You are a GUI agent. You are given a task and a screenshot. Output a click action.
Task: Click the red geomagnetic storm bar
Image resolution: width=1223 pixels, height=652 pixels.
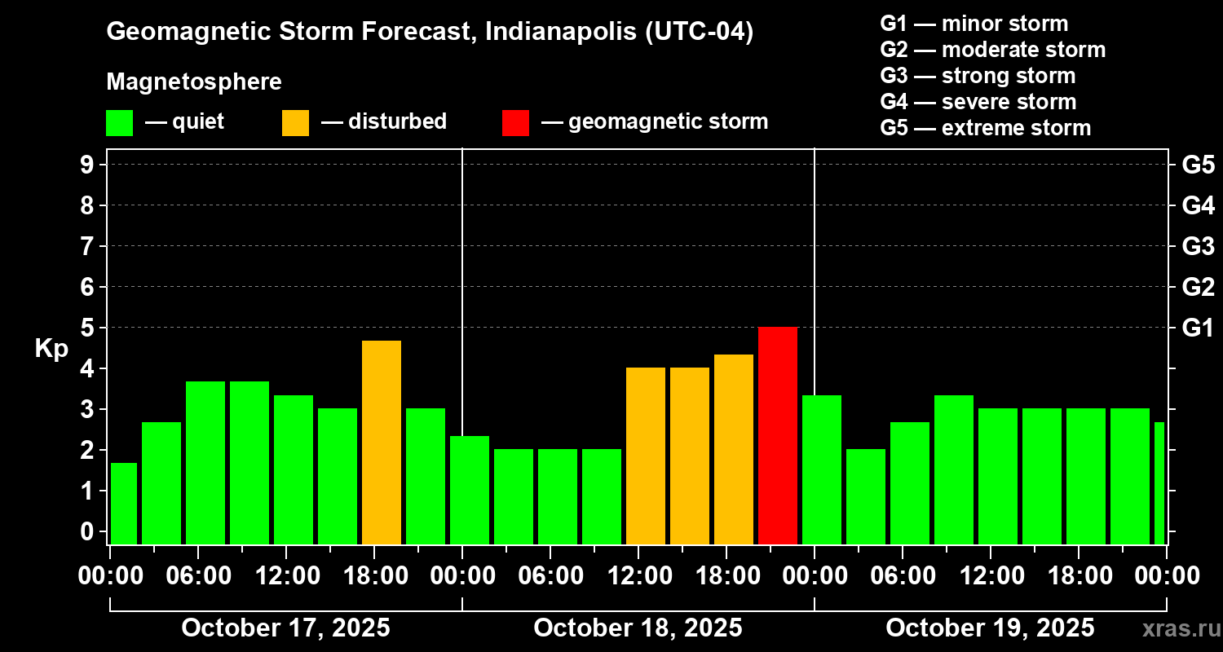coord(778,435)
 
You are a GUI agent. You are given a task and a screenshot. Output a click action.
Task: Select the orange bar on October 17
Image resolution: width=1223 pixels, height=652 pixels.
coord(382,442)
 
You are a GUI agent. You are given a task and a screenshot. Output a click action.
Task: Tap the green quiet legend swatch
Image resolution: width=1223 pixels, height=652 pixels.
coord(119,123)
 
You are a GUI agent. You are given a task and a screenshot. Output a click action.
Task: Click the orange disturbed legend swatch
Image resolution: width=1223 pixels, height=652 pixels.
coord(295,123)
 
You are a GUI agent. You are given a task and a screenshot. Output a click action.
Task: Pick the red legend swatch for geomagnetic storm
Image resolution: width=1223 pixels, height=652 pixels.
coord(515,123)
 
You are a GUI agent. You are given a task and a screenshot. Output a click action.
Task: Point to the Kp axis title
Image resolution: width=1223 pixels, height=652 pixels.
coord(51,349)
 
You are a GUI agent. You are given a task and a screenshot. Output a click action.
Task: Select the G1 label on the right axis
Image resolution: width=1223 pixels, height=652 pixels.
coord(1198,328)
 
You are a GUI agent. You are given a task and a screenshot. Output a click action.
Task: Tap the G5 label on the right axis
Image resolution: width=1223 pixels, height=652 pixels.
coord(1198,165)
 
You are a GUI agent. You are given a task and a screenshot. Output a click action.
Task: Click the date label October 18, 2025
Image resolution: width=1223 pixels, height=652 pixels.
coord(638,628)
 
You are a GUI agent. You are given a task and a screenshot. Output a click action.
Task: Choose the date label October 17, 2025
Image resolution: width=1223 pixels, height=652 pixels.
coord(285,628)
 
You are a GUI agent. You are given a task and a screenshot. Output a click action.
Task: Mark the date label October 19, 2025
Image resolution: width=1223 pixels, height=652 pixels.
coord(990,628)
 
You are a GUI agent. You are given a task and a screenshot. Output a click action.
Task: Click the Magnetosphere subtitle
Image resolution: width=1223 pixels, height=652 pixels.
coord(194,82)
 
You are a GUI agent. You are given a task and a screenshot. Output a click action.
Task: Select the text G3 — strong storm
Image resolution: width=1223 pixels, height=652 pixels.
coord(978,76)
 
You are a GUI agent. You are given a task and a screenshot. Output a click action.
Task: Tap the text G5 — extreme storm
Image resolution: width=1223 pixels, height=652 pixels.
coord(985,128)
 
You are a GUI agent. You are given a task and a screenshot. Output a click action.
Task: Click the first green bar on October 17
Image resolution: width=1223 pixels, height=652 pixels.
coord(124,503)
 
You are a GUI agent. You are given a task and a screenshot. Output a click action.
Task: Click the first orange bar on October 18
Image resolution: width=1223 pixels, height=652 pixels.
coord(646,456)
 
